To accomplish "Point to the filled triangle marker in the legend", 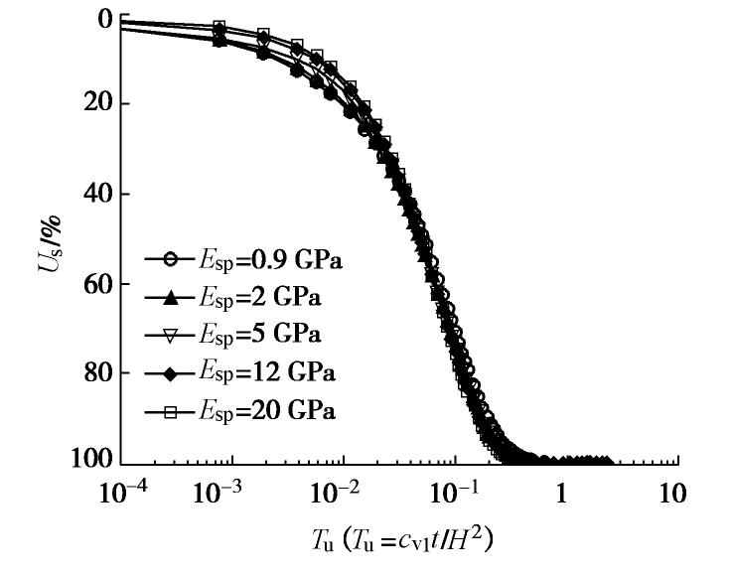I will (170, 297).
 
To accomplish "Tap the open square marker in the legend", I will (170, 411).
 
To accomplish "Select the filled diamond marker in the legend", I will (170, 373).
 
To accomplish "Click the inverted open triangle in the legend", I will (170, 335).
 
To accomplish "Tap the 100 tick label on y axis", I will (88, 463).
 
